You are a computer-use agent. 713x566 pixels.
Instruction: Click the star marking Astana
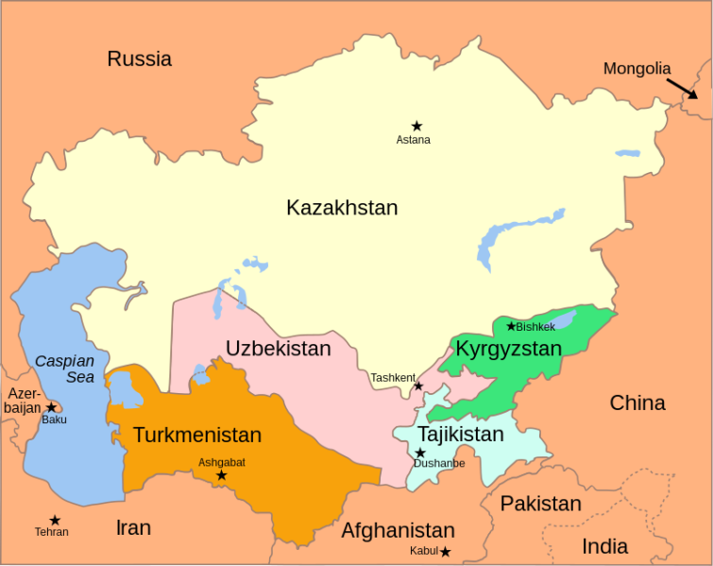416,126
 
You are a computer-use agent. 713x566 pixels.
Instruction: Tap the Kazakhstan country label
342,208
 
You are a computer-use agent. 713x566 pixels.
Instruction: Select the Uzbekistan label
278,349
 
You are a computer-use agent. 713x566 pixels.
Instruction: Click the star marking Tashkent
418,386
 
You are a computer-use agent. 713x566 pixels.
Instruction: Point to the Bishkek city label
535,327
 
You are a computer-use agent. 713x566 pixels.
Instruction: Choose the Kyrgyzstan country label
508,349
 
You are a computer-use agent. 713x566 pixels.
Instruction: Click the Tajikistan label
461,435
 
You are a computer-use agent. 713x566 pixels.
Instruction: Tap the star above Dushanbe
420,453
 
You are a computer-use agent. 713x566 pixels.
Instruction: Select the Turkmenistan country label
196,436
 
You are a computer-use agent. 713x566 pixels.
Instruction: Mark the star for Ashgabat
222,475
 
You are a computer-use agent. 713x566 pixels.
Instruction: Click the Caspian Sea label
65,369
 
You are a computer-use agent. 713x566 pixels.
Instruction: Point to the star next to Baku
51,407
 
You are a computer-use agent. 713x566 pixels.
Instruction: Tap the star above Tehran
55,521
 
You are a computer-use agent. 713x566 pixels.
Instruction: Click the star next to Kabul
445,551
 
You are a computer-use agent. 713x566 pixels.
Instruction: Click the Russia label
139,59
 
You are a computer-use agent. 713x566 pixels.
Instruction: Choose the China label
637,403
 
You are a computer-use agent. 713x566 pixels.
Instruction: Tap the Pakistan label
540,503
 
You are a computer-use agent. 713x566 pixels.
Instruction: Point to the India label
604,546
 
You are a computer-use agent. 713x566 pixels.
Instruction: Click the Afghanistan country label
398,530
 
